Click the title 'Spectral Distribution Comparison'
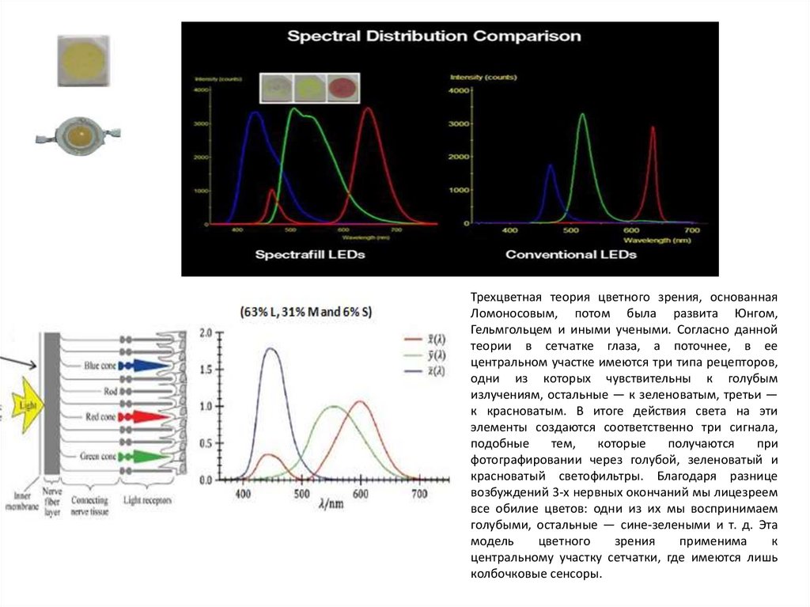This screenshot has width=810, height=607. point(433,36)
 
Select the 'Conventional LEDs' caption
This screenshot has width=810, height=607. point(570,255)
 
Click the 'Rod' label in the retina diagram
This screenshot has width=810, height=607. point(112,391)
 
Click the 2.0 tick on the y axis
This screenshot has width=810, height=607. point(206,333)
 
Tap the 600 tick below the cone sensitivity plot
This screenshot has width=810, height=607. point(361,494)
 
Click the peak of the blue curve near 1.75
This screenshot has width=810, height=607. point(271,349)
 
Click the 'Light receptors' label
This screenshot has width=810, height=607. point(147,501)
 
